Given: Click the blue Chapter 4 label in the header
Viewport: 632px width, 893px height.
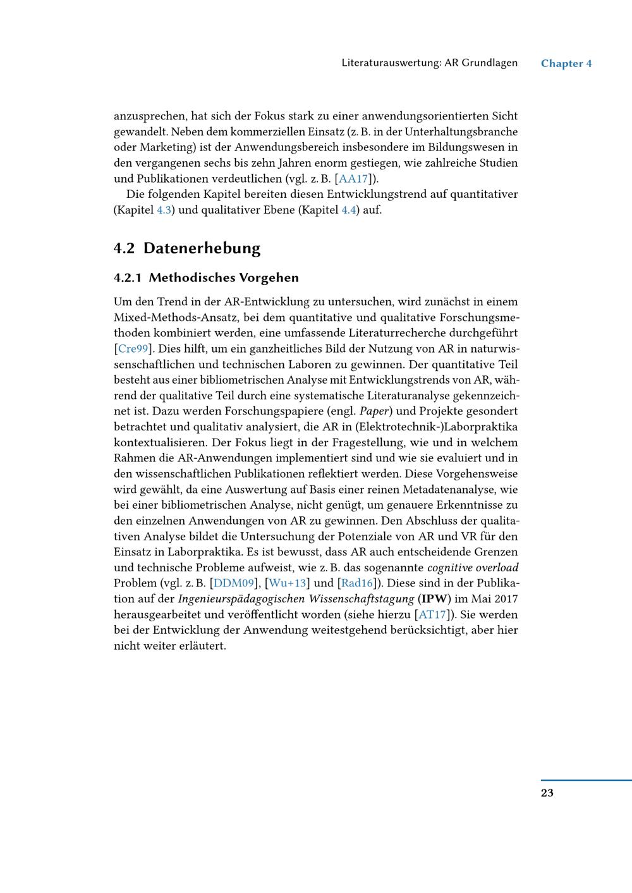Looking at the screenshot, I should click(566, 63).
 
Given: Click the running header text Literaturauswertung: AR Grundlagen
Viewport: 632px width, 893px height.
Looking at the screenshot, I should click(429, 63).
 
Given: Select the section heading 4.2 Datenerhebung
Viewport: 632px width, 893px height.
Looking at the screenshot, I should click(187, 248).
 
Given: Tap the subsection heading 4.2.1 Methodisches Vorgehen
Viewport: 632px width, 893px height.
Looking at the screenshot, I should click(206, 278).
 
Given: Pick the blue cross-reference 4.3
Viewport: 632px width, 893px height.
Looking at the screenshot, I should click(164, 210).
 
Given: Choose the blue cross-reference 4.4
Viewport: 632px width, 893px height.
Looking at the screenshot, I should click(349, 210).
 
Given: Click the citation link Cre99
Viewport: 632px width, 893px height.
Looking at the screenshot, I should click(133, 349).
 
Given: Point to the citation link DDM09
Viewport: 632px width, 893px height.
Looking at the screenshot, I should click(234, 583).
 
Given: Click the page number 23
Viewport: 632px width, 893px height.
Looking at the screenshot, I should click(547, 793).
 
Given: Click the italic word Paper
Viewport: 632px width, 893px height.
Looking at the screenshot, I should click(372, 411).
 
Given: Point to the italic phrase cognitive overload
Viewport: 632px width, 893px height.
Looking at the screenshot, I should click(473, 568).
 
